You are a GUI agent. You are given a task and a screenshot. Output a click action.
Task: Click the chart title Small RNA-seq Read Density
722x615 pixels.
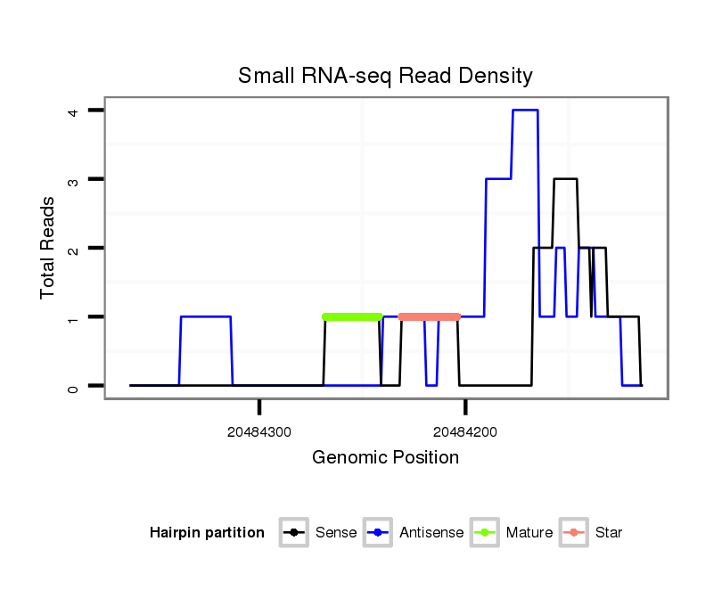pos(385,76)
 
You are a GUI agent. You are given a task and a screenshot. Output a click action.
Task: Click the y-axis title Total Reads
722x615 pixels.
pos(48,248)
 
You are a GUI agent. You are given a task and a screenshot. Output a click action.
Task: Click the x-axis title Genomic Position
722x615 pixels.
pos(385,458)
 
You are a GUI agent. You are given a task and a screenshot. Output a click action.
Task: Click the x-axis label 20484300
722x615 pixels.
pos(259,432)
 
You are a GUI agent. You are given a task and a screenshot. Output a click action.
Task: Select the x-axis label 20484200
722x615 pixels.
pos(465,432)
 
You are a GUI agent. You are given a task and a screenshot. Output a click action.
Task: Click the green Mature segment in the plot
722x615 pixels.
pos(352,316)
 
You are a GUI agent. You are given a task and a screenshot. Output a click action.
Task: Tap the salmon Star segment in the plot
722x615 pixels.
pos(429,316)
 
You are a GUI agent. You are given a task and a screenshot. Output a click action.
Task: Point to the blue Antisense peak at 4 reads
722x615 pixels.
pos(525,111)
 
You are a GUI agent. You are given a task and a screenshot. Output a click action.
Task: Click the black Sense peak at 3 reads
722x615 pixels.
pos(565,179)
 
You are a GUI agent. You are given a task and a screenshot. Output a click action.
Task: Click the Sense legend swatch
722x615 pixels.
pos(293,533)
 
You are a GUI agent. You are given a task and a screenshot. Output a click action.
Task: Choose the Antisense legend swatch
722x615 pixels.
pos(378,533)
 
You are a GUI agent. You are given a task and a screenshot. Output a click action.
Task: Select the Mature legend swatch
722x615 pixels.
pos(485,533)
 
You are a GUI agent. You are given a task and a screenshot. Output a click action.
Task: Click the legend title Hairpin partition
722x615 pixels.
pos(207,533)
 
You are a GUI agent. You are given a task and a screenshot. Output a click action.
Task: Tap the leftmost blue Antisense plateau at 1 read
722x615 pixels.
pos(206,316)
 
